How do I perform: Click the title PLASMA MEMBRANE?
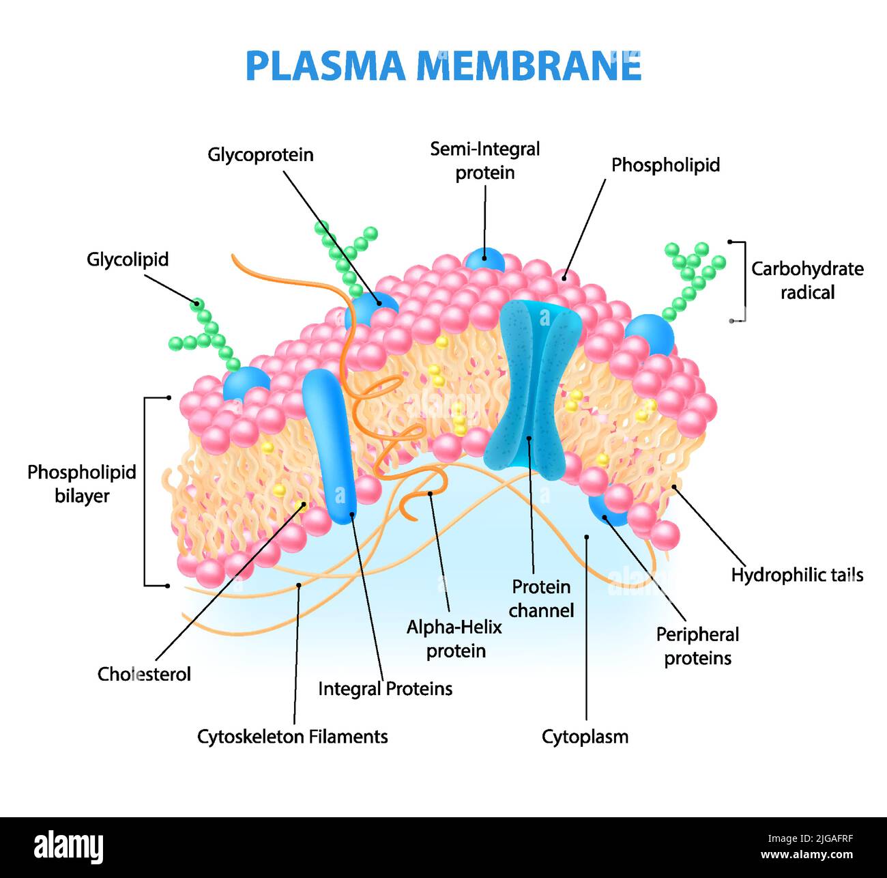click(x=443, y=66)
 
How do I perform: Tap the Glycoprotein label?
click(x=261, y=155)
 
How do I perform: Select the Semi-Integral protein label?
click(x=484, y=160)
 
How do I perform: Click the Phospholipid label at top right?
click(x=665, y=165)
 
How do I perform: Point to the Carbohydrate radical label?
click(x=807, y=281)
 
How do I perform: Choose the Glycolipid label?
click(x=128, y=259)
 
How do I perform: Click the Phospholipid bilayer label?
click(x=82, y=484)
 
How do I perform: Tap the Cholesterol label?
click(x=144, y=675)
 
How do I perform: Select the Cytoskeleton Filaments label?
click(x=292, y=737)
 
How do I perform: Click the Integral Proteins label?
click(x=385, y=689)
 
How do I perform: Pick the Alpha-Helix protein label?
click(x=454, y=639)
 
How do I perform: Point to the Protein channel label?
click(x=541, y=599)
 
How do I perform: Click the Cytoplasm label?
click(x=585, y=737)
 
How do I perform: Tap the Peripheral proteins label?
click(x=697, y=647)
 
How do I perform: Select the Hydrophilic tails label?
click(x=797, y=576)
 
